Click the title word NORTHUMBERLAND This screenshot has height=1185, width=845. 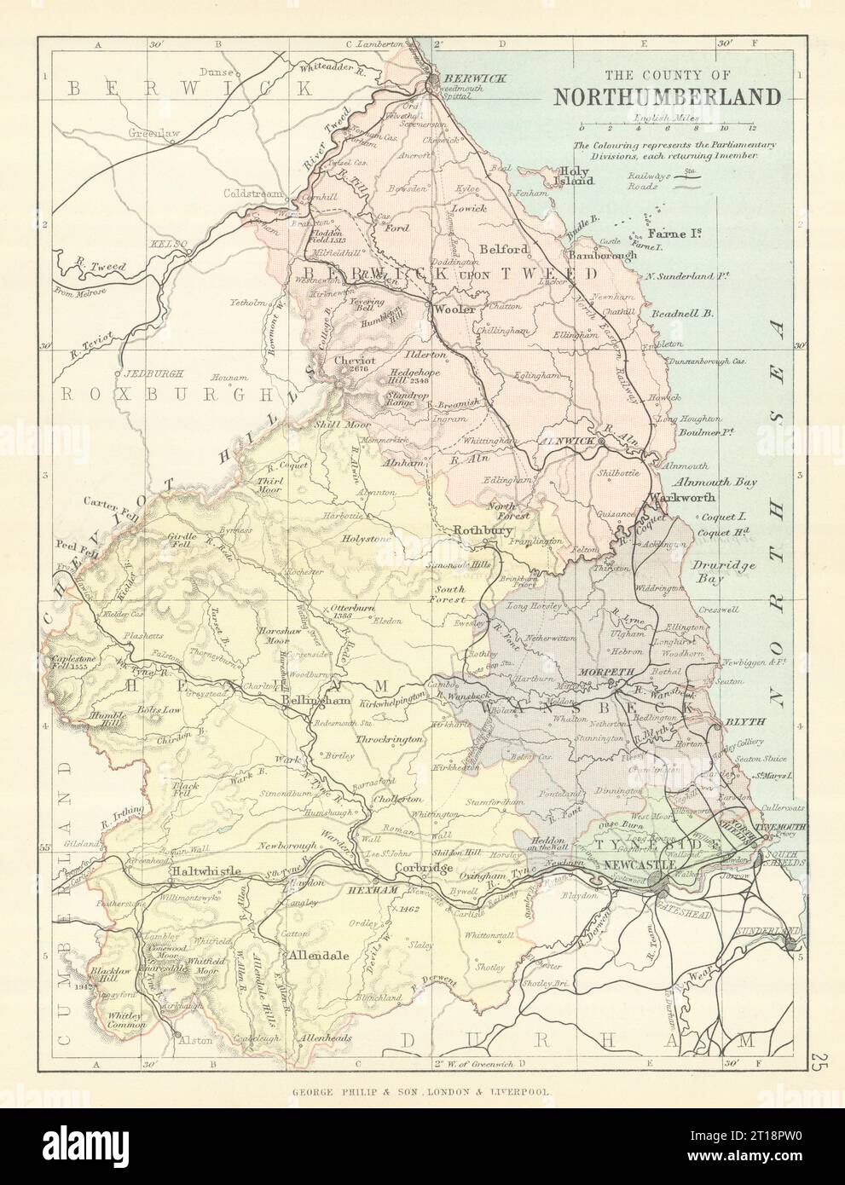tap(667, 95)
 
